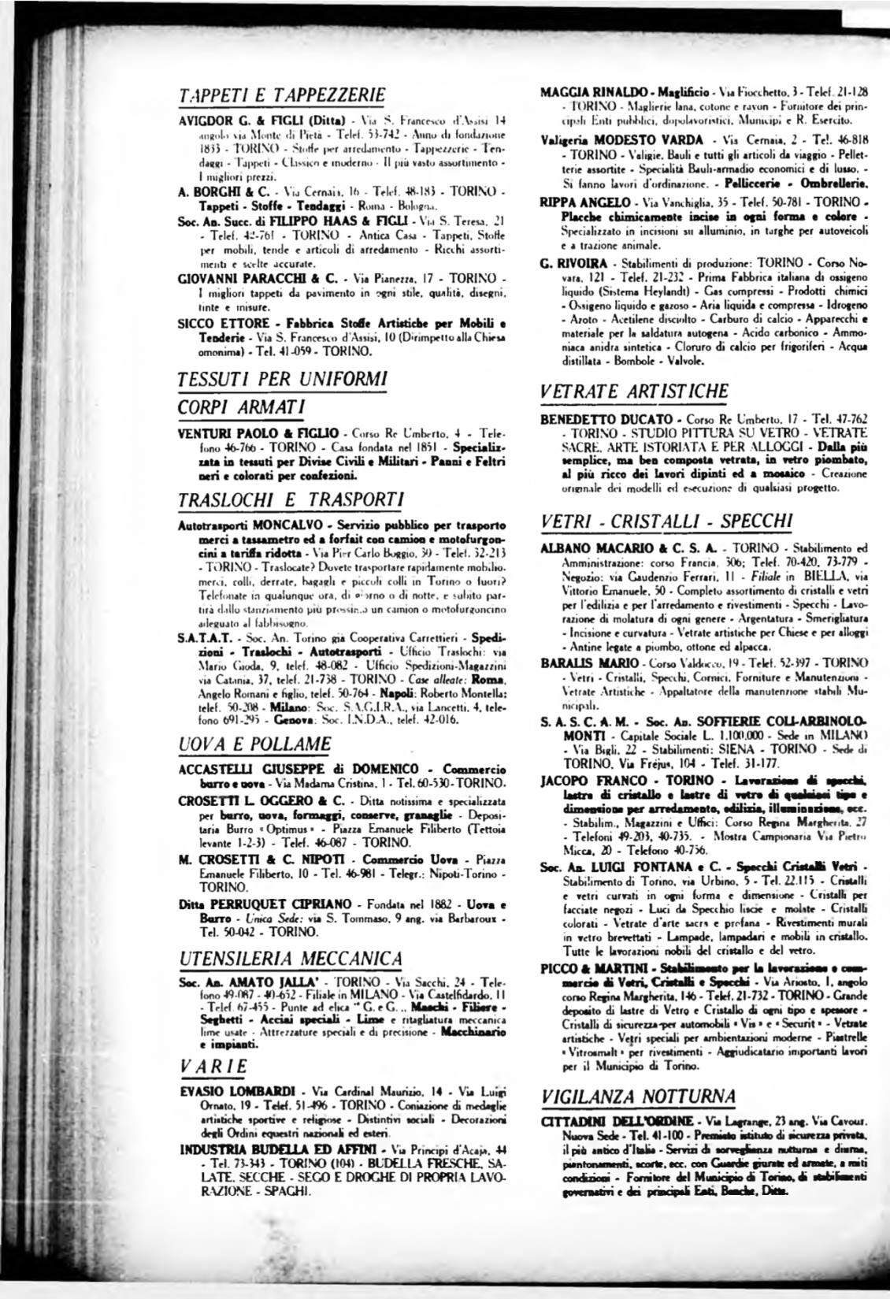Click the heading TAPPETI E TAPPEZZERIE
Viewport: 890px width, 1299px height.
point(282,95)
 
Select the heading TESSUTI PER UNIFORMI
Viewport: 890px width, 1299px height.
point(282,378)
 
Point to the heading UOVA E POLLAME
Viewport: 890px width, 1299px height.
point(255,744)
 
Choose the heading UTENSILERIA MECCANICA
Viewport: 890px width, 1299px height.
point(291,959)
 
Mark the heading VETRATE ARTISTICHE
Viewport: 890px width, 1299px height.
point(635,391)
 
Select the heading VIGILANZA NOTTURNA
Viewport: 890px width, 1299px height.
point(639,1096)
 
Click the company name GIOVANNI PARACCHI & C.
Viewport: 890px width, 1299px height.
point(247,278)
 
